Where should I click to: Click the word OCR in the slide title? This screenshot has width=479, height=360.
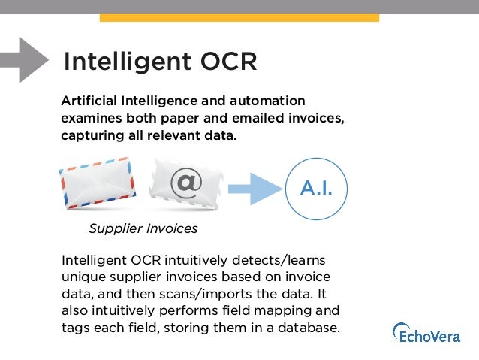click(225, 62)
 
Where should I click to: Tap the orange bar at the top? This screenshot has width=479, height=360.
click(239, 17)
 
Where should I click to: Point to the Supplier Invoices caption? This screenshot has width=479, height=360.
click(143, 228)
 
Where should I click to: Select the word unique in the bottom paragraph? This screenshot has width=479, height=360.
click(83, 277)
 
